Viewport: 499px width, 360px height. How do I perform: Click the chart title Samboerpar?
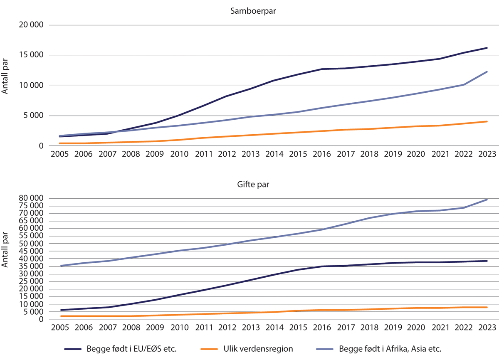(x=253, y=12)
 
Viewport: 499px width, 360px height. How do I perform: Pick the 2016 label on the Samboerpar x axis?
(x=321, y=154)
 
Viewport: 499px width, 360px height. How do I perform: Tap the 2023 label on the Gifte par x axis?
(x=487, y=327)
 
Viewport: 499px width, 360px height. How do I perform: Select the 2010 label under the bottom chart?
(x=179, y=327)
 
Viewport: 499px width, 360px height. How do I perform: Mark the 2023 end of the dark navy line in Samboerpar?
(x=487, y=48)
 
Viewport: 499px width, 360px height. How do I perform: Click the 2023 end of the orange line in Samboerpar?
(x=487, y=121)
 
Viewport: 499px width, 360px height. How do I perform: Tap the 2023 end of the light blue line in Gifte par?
(x=487, y=200)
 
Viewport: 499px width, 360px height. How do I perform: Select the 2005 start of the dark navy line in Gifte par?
(x=61, y=310)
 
